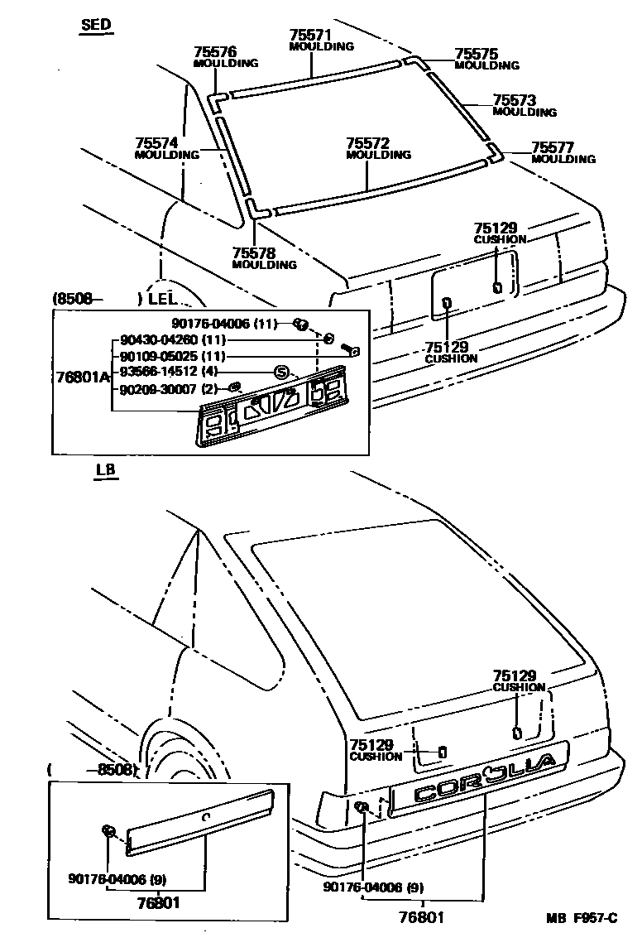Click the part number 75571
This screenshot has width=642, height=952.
(310, 35)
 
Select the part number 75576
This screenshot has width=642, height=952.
(214, 51)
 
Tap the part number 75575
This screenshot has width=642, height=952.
(477, 54)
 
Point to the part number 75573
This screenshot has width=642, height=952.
(514, 101)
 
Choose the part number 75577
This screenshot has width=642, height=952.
(553, 147)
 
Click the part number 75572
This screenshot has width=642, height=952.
(367, 143)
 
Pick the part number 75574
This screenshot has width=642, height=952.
(156, 143)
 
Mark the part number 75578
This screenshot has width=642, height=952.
(253, 253)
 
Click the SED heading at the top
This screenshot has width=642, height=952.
(96, 25)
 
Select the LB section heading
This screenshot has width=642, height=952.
(105, 470)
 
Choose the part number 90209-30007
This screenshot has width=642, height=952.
(156, 387)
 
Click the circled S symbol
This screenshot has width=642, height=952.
(281, 373)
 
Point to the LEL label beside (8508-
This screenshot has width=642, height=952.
(163, 298)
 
